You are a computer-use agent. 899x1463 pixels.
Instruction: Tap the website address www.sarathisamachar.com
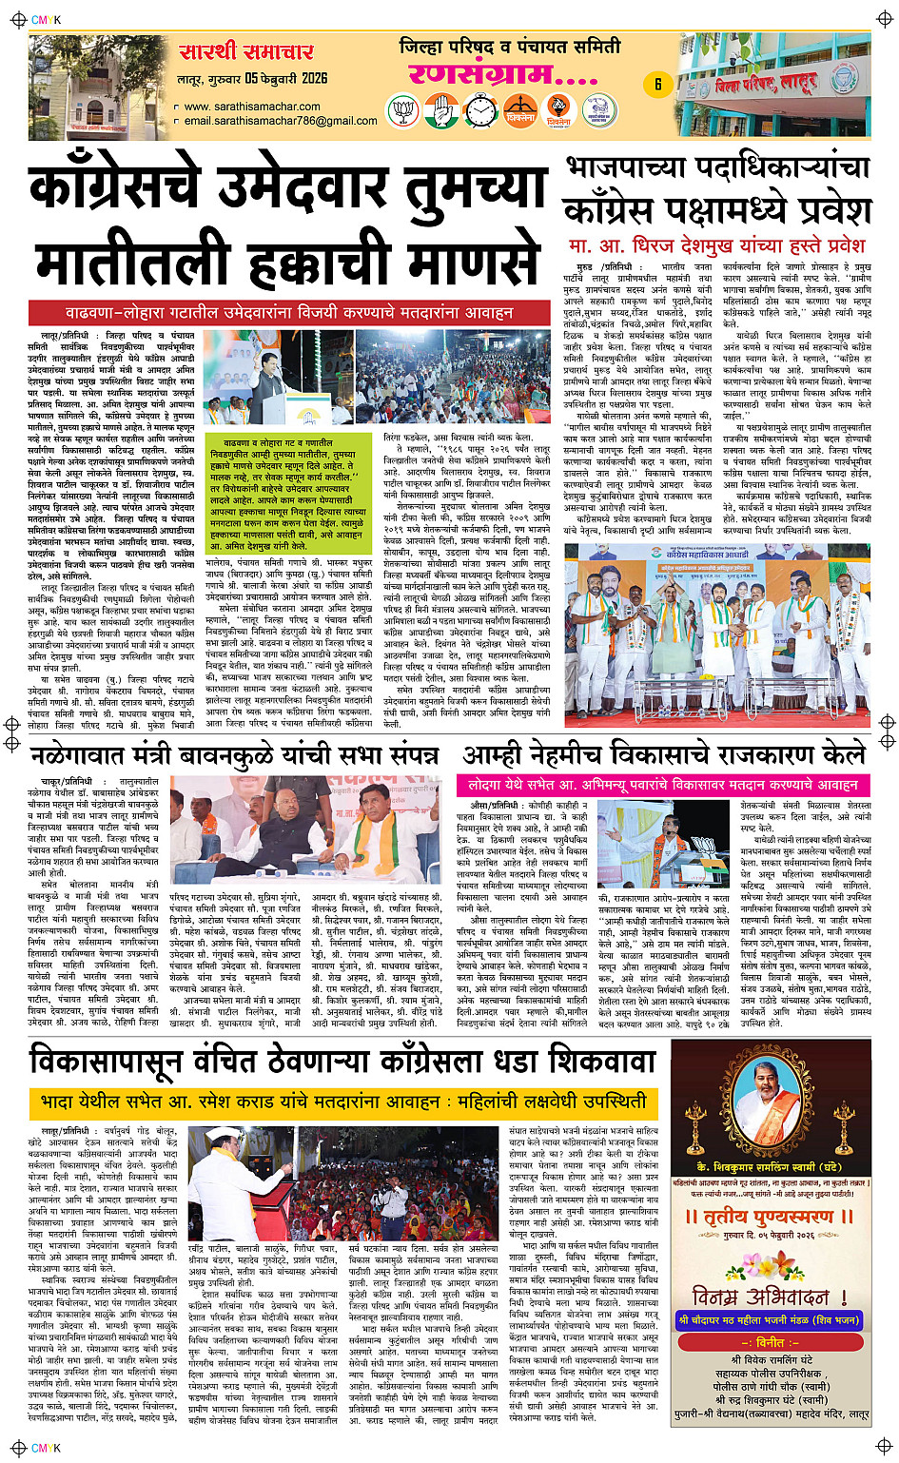(x=253, y=107)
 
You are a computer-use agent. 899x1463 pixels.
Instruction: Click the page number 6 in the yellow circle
(x=657, y=85)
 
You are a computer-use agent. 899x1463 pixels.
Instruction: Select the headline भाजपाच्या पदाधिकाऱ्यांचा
(x=717, y=168)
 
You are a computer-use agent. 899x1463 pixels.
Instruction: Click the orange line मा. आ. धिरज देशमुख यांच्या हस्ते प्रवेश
(x=717, y=245)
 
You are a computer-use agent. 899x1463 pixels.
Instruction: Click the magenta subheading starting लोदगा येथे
(x=663, y=785)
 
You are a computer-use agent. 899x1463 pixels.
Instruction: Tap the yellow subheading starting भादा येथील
(x=343, y=1102)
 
